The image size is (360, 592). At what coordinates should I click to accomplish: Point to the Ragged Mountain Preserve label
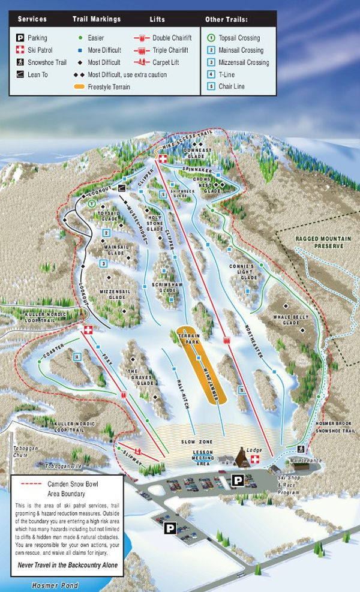coord(320,242)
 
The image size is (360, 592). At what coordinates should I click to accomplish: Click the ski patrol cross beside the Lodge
coord(255,459)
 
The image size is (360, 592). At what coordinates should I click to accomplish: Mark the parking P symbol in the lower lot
coord(170,528)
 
